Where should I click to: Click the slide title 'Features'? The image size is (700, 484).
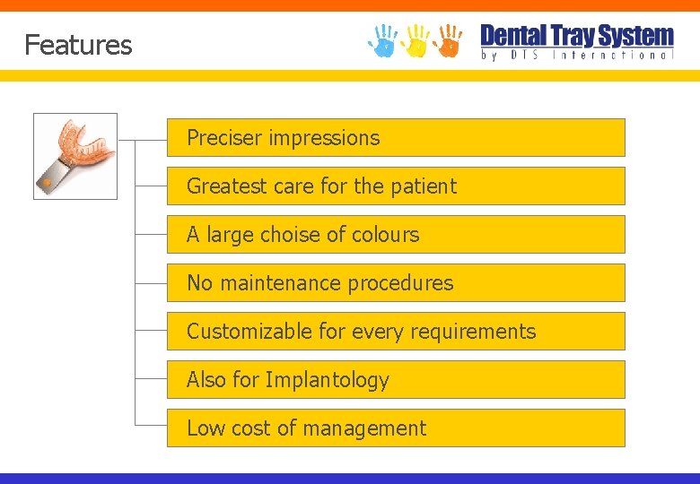click(78, 45)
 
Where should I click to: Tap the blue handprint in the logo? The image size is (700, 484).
click(383, 40)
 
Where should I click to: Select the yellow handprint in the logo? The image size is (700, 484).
click(416, 40)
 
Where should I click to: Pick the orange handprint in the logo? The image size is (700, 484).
click(448, 40)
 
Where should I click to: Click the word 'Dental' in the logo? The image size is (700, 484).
click(513, 36)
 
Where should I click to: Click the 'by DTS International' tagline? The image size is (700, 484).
click(577, 55)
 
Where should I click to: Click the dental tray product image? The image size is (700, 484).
click(75, 155)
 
